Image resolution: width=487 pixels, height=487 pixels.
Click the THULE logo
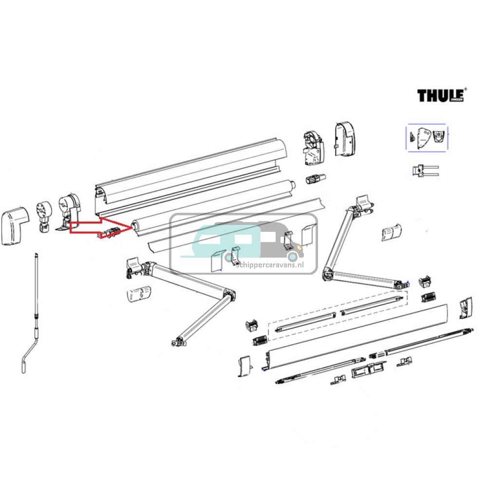pos(441,94)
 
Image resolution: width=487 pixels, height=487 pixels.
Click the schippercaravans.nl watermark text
pos(269,265)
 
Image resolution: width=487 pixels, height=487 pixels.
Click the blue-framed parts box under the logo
pos(427,137)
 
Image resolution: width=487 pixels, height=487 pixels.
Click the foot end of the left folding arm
pos(178,342)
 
